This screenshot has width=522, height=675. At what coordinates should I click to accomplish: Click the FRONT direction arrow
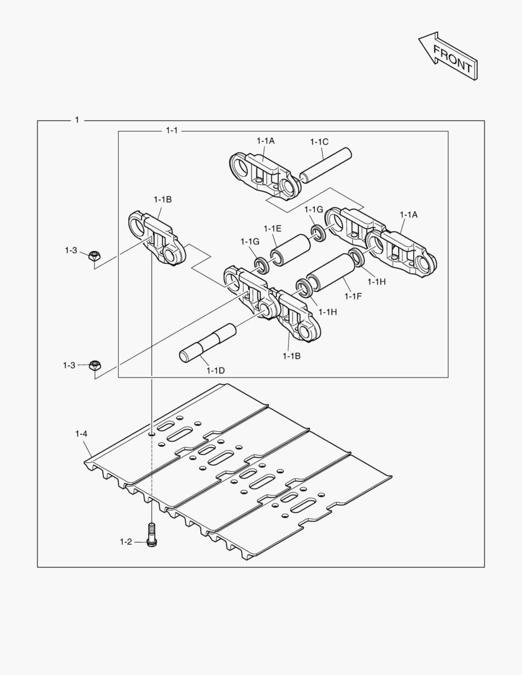(x=449, y=56)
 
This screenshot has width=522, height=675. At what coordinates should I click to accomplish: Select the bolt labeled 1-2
(x=151, y=534)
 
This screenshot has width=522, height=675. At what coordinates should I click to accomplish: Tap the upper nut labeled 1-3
(x=94, y=256)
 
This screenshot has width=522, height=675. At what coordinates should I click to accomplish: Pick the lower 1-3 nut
(x=95, y=366)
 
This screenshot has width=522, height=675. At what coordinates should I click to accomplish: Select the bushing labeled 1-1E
(x=290, y=247)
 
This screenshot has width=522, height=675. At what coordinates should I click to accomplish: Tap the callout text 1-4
(x=81, y=434)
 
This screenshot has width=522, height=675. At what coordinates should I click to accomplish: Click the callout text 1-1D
(x=215, y=370)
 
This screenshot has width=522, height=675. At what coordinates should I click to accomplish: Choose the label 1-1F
(x=353, y=296)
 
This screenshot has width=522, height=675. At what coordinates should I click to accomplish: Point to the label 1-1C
(x=319, y=142)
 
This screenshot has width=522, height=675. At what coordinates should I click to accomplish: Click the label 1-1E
(x=273, y=229)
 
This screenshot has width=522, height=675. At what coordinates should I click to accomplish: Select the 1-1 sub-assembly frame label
(x=171, y=131)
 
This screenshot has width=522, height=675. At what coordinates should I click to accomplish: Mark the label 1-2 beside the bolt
(x=126, y=541)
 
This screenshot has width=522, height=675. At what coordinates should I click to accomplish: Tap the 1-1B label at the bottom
(x=291, y=356)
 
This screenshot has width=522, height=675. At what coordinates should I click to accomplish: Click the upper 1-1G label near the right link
(x=314, y=209)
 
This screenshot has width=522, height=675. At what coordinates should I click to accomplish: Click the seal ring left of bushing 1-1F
(x=303, y=287)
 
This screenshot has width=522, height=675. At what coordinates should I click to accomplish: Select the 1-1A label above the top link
(x=266, y=141)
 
